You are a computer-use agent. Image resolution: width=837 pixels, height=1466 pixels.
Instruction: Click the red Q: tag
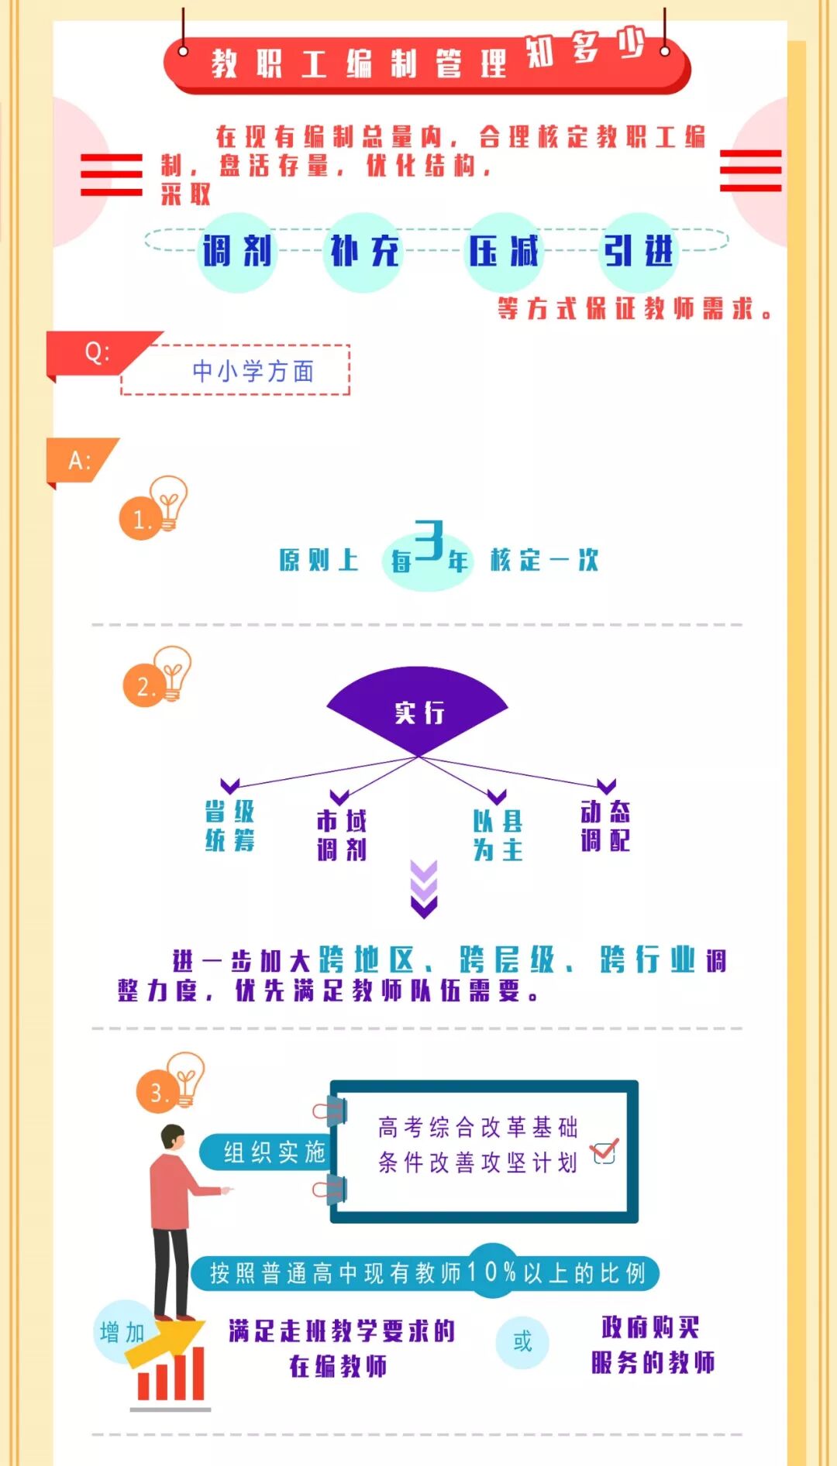97,353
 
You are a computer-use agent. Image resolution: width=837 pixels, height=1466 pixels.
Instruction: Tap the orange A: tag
80,461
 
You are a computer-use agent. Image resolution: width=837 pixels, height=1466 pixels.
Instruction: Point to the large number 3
429,540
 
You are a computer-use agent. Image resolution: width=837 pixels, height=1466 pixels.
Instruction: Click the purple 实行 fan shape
418,709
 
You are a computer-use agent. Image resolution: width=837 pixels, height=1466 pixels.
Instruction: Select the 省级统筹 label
229,826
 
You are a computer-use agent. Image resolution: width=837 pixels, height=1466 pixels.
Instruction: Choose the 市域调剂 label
341,836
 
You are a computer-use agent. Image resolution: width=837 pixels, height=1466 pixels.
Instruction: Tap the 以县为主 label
498,836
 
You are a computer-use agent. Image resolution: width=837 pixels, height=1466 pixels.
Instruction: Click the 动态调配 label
605,826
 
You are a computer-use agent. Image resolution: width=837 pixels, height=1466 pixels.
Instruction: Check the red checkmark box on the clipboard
604,1152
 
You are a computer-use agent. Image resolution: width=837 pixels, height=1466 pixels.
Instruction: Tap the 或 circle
522,1341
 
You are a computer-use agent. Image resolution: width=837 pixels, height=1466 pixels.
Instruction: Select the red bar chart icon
170,1375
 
